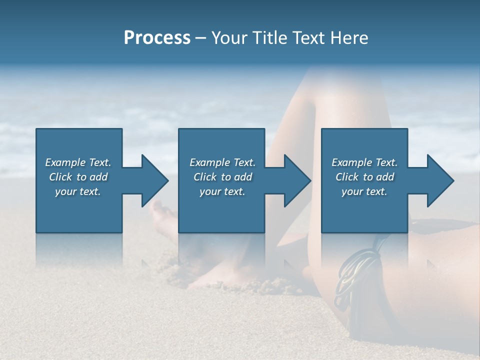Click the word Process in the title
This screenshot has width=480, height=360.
tap(157, 38)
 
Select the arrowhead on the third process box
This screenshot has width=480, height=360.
tap(439, 180)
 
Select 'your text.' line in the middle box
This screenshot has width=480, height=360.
tap(222, 191)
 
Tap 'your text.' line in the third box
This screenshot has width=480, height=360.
tap(364, 191)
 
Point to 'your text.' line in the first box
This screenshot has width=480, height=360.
tap(78, 191)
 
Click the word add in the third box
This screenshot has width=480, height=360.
tap(384, 177)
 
